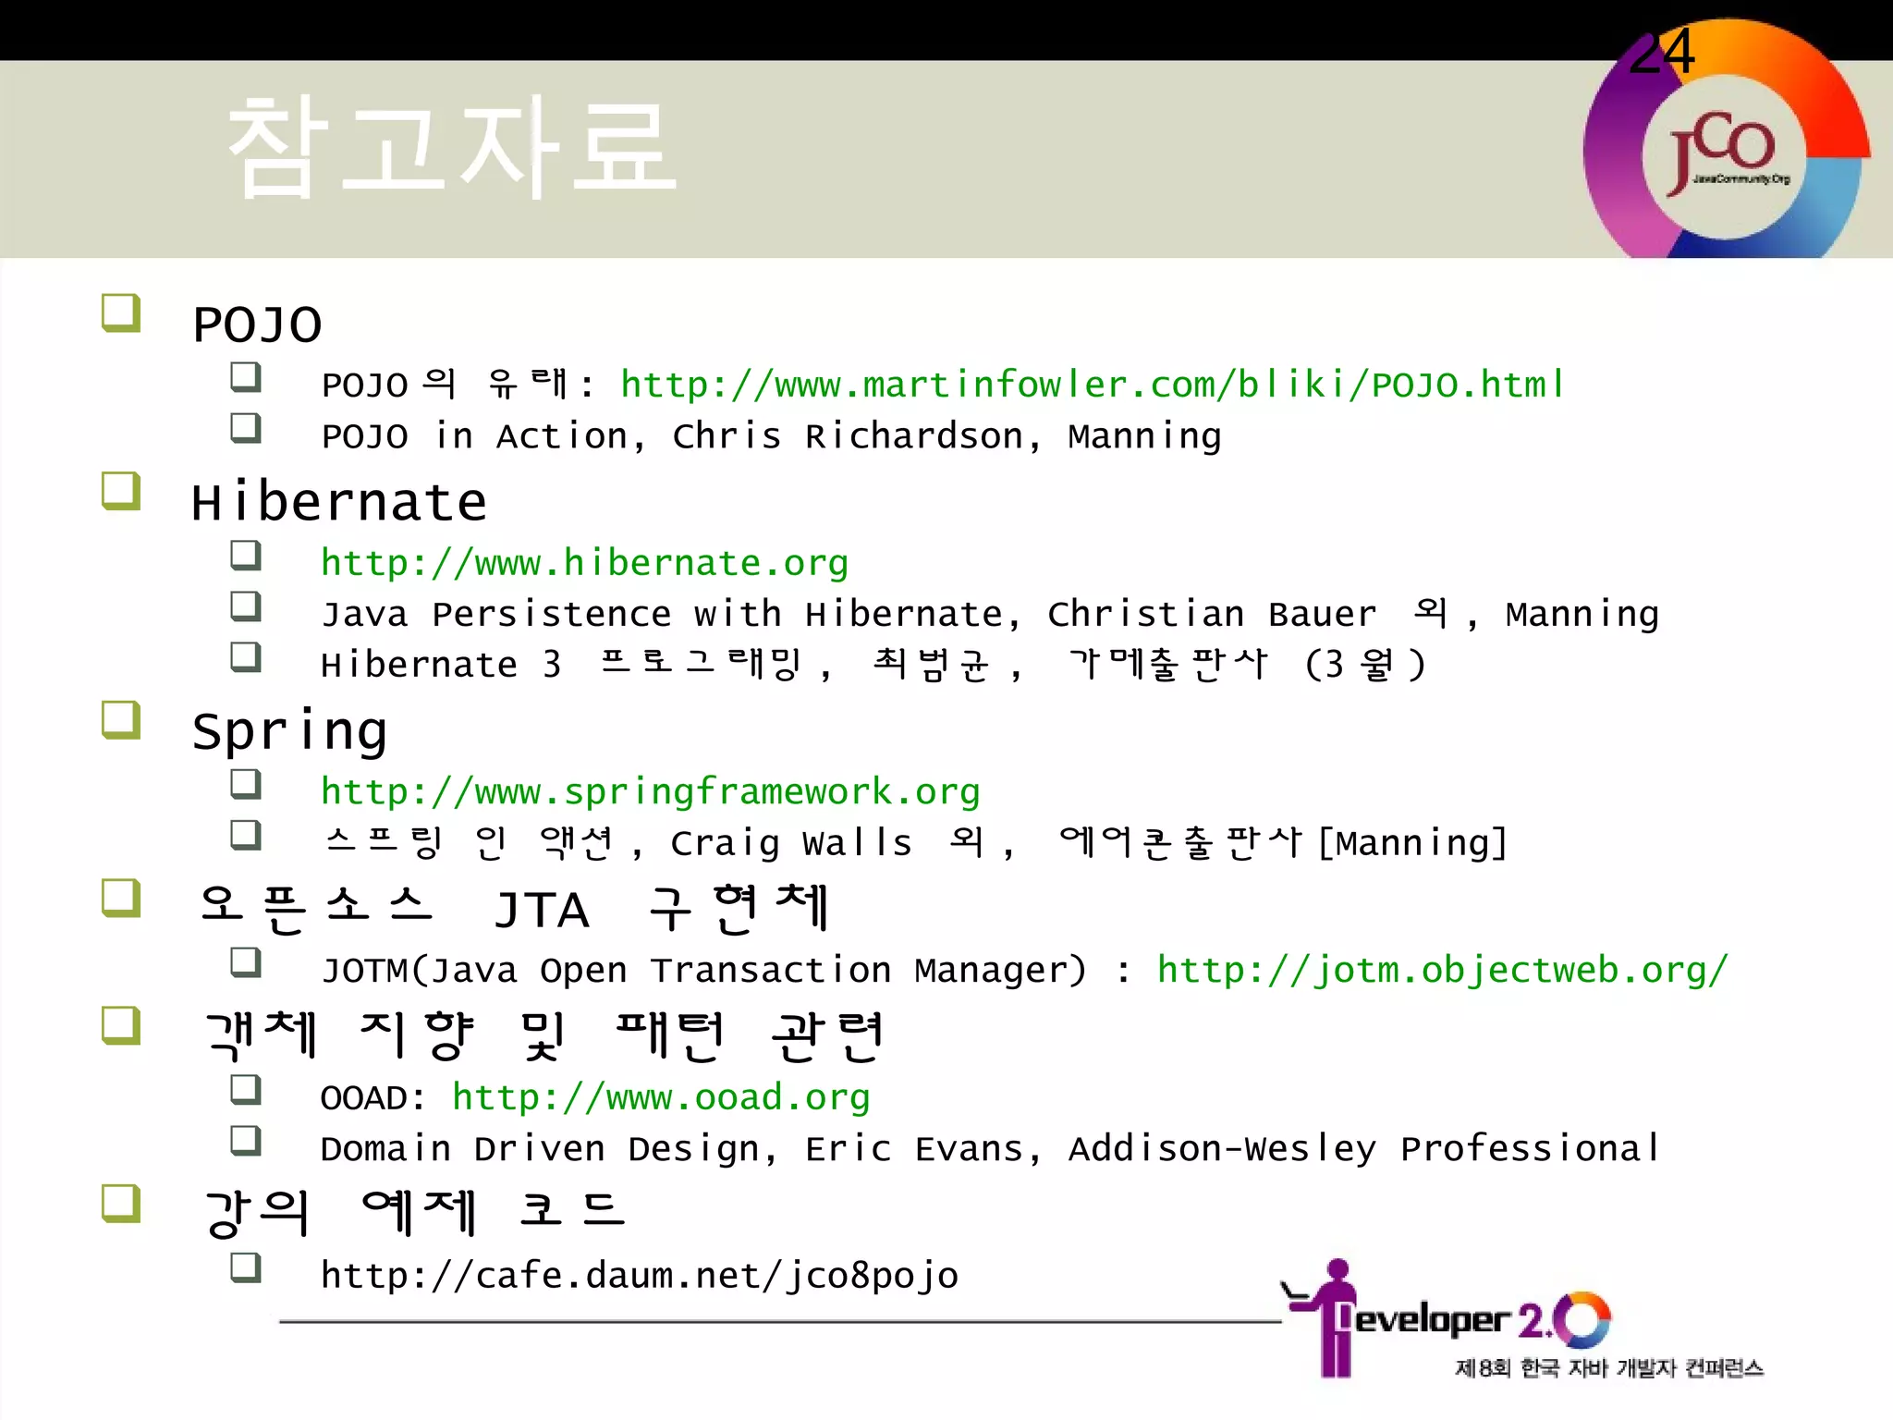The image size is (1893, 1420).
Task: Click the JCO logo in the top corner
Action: click(x=1724, y=153)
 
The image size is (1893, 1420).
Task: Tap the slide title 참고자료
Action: click(x=451, y=148)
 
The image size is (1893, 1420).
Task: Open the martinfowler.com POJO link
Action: click(x=1092, y=384)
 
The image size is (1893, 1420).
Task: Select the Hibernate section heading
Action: click(x=338, y=502)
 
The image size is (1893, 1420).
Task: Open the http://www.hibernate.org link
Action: click(x=584, y=562)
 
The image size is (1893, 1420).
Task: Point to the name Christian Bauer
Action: click(x=1212, y=614)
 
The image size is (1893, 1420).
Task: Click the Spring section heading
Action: click(x=289, y=731)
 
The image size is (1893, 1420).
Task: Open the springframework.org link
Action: click(x=650, y=791)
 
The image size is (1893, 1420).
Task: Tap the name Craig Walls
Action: click(x=791, y=843)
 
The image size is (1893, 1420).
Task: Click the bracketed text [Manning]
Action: click(x=1412, y=843)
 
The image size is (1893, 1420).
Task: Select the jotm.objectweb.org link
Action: click(x=1442, y=970)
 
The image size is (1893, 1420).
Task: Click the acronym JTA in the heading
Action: click(x=542, y=910)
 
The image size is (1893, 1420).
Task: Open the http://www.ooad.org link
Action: click(x=661, y=1097)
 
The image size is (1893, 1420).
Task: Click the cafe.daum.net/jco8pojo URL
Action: click(x=639, y=1276)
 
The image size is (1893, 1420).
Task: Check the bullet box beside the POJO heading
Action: click(x=121, y=312)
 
